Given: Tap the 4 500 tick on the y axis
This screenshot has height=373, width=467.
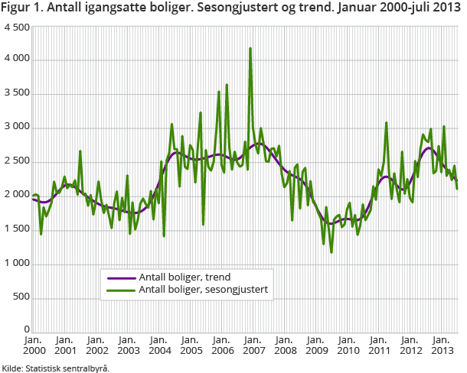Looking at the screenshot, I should (x=17, y=27).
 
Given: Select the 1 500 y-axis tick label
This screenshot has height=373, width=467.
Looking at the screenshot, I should (x=17, y=229).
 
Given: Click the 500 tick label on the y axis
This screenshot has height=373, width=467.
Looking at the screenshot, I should (x=21, y=297).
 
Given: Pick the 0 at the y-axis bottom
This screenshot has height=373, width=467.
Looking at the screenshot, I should (x=27, y=329).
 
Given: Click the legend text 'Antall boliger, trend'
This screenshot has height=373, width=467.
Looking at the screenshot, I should (x=185, y=277).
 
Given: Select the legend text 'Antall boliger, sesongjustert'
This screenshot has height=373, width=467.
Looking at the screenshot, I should (x=202, y=290).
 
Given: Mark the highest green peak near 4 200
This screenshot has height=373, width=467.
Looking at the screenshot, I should (x=250, y=48).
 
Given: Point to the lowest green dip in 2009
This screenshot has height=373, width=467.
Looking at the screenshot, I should (x=331, y=252).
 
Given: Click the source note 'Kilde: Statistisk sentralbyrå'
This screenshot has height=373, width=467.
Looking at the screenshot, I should (x=55, y=368).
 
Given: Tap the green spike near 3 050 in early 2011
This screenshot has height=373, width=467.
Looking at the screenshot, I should (x=387, y=122).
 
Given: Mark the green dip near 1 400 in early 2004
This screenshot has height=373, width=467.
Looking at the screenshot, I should (x=164, y=235).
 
